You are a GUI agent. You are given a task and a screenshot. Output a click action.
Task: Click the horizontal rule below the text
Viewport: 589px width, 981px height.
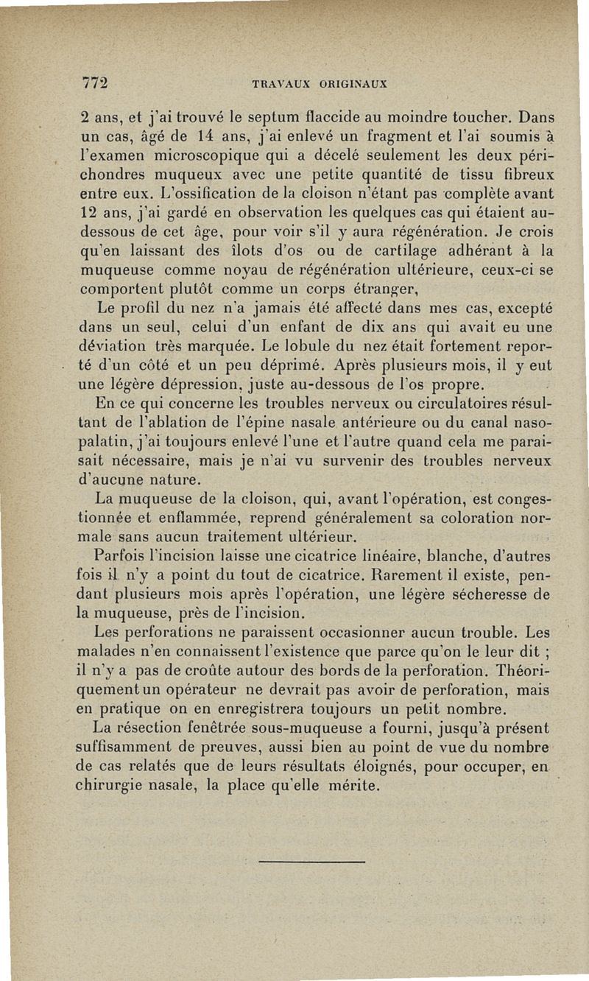click(x=313, y=861)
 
